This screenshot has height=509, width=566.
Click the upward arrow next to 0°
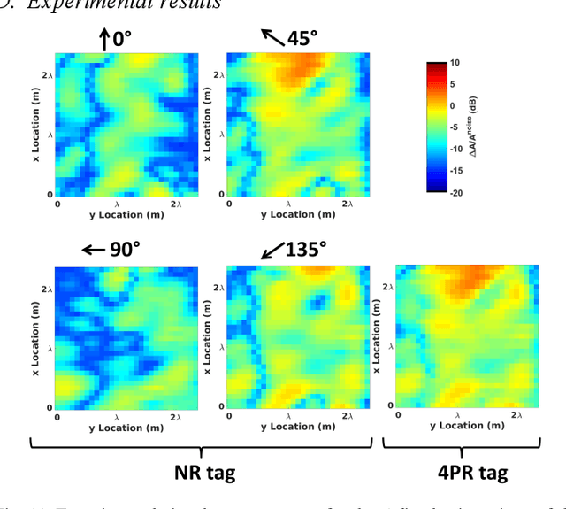pyautogui.click(x=104, y=39)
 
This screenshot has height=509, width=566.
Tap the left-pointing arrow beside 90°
pyautogui.click(x=92, y=250)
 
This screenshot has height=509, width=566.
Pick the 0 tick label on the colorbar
pyautogui.click(x=452, y=105)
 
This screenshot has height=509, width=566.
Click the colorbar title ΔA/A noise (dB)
pyautogui.click(x=474, y=127)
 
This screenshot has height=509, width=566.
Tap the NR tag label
pyautogui.click(x=200, y=472)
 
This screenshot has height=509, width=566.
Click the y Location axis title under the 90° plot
pyautogui.click(x=117, y=428)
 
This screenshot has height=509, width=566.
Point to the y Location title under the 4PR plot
pyautogui.click(x=457, y=426)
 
